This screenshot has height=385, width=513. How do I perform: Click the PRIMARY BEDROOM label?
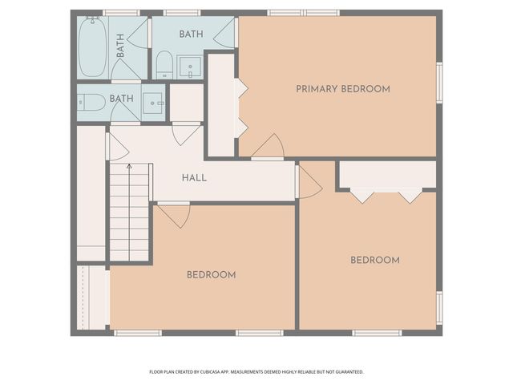coord(342,88)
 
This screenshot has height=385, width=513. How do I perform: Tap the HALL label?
coord(194,177)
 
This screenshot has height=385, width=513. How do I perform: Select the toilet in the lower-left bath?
coord(91,102)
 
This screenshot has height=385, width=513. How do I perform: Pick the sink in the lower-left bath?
coord(153,103)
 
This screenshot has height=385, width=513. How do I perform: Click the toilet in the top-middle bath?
coord(163,65)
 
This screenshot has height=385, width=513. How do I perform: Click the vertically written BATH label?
coord(121,46)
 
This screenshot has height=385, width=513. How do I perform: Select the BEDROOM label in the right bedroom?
coord(374,260)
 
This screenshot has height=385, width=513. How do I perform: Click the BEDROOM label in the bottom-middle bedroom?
coord(211,274)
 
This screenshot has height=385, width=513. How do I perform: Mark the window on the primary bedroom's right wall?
coord(438,83)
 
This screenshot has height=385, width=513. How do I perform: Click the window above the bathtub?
coord(121,13)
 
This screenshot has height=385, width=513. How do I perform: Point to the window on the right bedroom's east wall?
coord(438,307)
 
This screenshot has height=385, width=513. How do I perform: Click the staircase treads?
coord(129,213)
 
